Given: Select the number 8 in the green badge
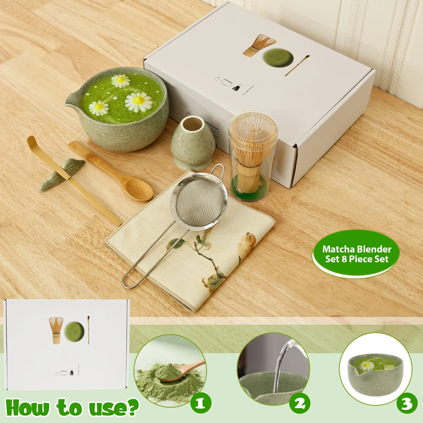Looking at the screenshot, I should point(344,259).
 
